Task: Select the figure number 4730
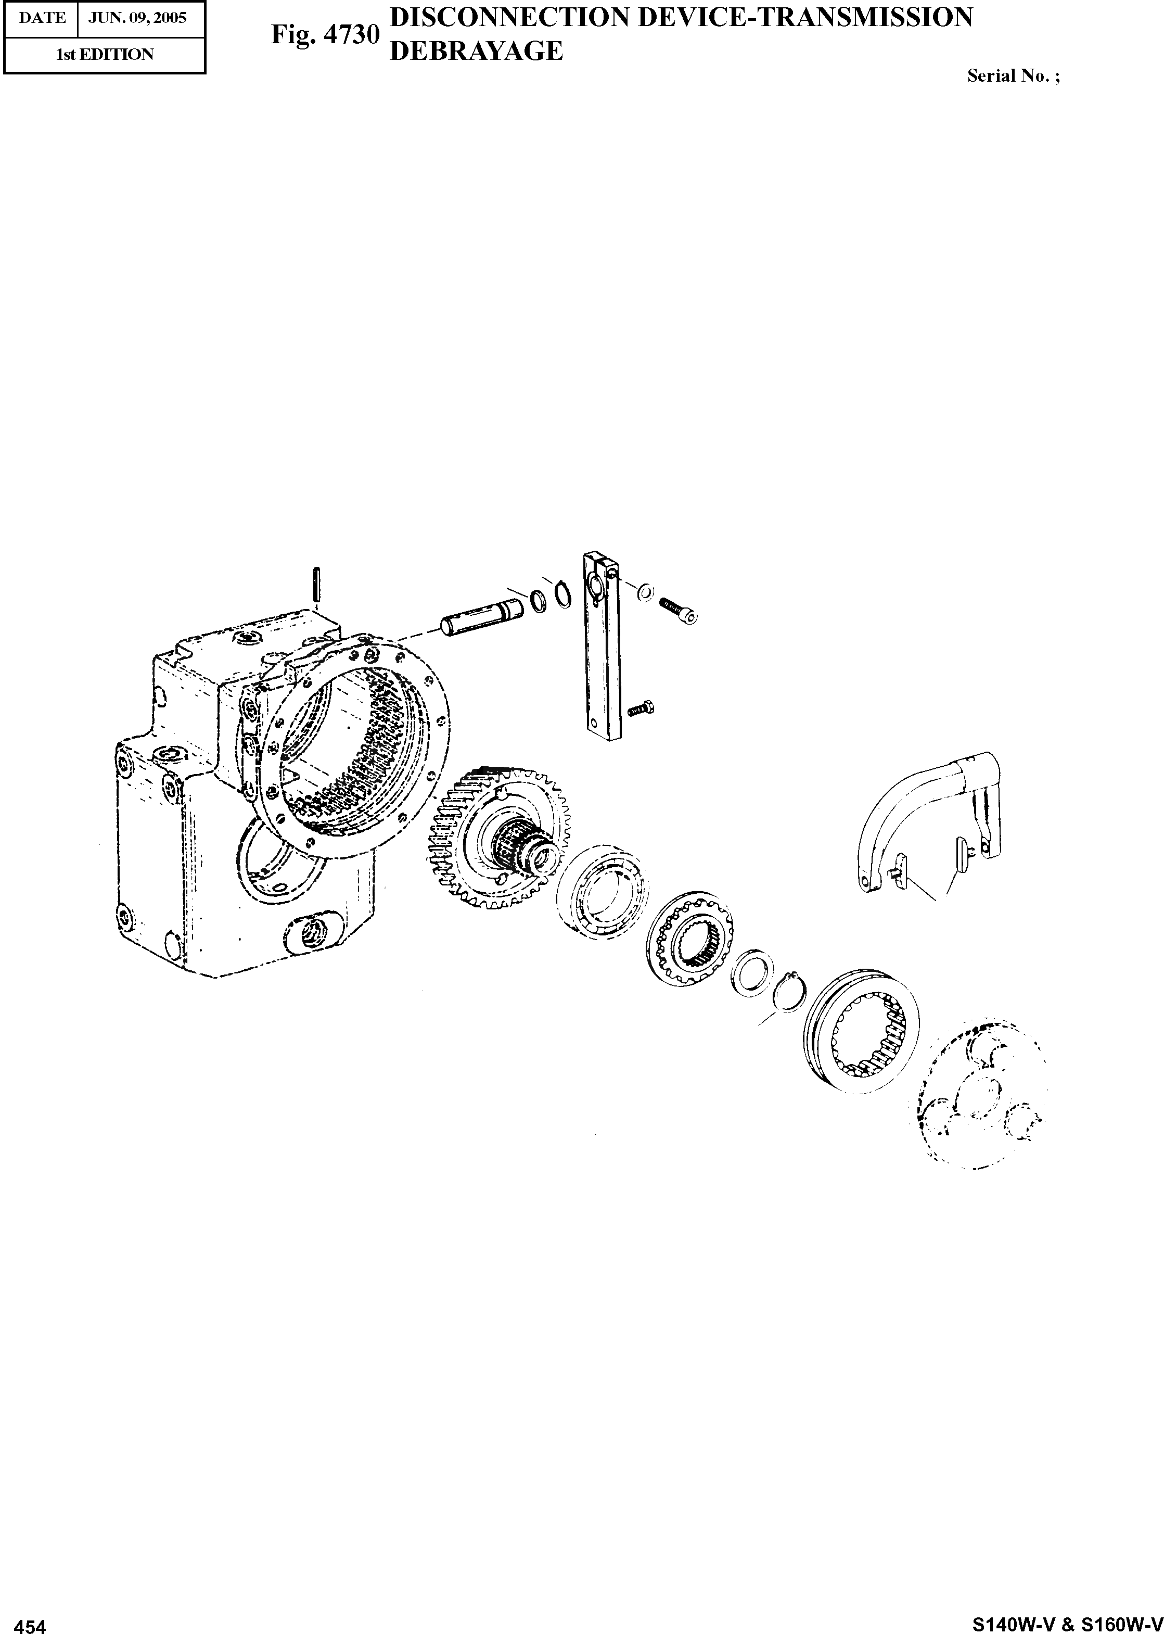(352, 34)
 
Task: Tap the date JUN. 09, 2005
(137, 18)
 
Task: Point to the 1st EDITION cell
(105, 55)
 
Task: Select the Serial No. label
(1013, 76)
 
